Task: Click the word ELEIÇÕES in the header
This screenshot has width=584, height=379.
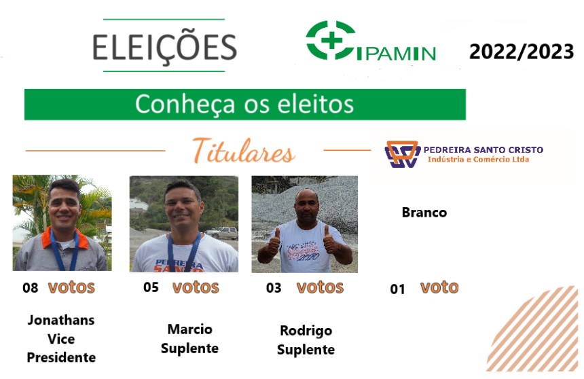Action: pos(164,48)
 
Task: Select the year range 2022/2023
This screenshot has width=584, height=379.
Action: pos(522,52)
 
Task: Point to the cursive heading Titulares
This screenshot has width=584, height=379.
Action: pos(244,151)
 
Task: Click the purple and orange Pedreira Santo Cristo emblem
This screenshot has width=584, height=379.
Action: pos(402,154)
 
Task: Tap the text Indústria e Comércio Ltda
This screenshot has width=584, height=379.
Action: pos(478,160)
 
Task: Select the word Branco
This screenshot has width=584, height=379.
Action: pos(424,213)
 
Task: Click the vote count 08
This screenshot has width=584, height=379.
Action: pos(30,288)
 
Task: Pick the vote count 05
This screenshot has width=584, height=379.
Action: pos(151,287)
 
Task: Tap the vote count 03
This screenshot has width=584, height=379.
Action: pos(274,288)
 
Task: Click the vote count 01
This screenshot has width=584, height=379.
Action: pos(397,289)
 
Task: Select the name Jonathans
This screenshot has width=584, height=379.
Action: pos(61,320)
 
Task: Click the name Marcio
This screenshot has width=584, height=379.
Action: pos(190,329)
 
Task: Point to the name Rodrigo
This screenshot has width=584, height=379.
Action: pos(306,331)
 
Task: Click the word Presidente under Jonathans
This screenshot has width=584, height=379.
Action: pos(61,357)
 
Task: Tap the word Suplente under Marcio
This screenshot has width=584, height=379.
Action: pos(189,348)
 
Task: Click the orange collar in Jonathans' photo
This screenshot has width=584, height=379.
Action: pos(65,238)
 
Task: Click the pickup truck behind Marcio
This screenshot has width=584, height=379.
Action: pos(222,232)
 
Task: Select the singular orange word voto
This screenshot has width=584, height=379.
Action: pos(439,287)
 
